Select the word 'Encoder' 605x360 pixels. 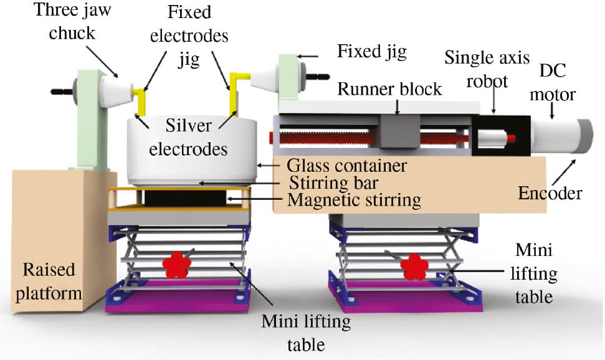coord(550,194)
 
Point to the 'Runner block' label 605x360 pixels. coord(389,88)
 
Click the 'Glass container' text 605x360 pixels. coord(347,166)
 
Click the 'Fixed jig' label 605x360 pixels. coord(371,51)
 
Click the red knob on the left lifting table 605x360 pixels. coord(177,265)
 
